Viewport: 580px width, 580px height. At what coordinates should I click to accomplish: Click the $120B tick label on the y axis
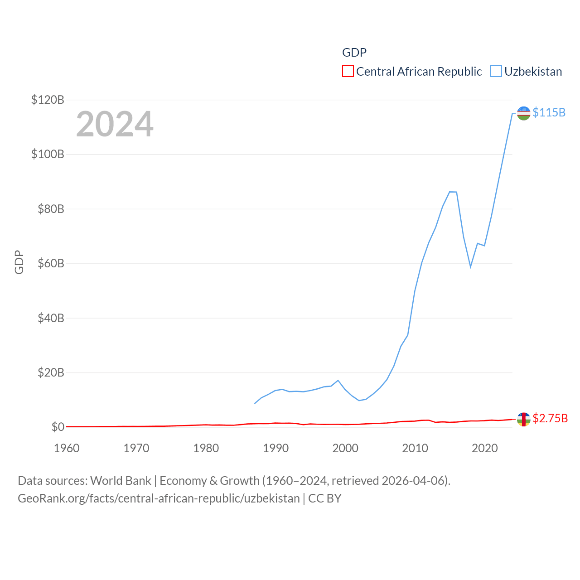[x=48, y=100]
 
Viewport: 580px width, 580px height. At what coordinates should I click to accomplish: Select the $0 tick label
[x=58, y=427]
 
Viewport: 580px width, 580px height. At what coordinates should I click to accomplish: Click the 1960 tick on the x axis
[x=67, y=448]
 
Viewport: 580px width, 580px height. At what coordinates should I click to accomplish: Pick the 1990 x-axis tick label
[x=275, y=448]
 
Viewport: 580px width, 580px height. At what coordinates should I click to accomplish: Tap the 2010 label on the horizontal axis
[x=415, y=448]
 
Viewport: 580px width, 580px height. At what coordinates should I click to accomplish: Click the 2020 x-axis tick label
[x=485, y=448]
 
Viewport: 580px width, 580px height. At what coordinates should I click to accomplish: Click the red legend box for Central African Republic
[x=348, y=71]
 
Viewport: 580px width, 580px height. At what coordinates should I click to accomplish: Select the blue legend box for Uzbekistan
[x=496, y=71]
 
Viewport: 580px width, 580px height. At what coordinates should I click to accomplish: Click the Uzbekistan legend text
[x=533, y=72]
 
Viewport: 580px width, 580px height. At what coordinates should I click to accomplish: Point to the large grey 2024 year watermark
[x=115, y=124]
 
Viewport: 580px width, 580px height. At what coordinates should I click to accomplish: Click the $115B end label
[x=549, y=112]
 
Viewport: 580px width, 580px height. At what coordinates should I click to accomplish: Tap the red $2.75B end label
[x=550, y=418]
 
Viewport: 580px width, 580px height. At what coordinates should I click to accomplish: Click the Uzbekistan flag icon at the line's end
[x=523, y=113]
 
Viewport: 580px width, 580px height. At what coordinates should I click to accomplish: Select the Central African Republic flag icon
[x=523, y=419]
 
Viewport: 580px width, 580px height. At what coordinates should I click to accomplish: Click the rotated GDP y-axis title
[x=19, y=262]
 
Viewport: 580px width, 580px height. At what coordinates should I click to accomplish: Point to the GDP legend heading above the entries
[x=354, y=53]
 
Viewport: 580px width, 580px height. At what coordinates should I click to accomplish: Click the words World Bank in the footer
[x=121, y=480]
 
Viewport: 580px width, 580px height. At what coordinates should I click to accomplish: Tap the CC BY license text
[x=324, y=498]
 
